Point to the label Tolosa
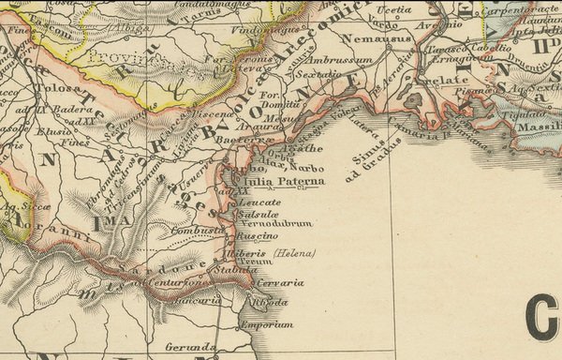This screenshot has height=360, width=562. click(x=53, y=89)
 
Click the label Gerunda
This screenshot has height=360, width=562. click(x=197, y=347)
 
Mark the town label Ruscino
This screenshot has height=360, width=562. click(x=259, y=236)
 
